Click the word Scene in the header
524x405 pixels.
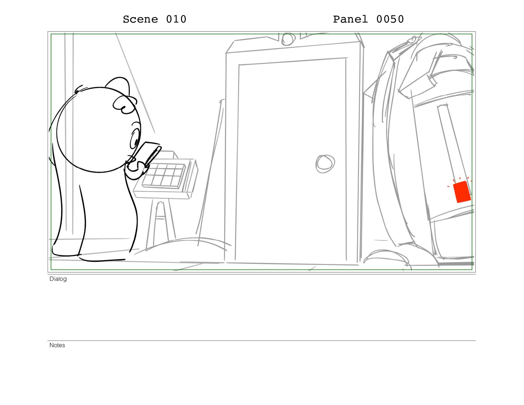[x=140, y=19]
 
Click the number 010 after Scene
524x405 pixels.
[x=176, y=19]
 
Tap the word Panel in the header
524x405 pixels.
[x=350, y=19]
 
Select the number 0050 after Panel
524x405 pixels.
[x=390, y=19]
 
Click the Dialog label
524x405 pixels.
[x=58, y=279]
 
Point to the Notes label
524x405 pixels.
[x=57, y=345]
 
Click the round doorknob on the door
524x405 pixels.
[x=325, y=164]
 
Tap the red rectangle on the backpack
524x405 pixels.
[x=461, y=192]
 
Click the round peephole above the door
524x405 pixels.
[x=288, y=39]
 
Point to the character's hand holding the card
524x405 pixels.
[x=136, y=169]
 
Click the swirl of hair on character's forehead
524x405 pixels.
[x=124, y=105]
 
